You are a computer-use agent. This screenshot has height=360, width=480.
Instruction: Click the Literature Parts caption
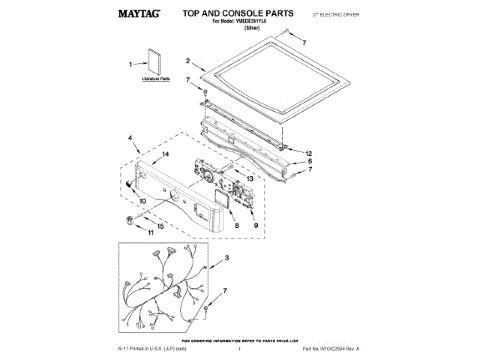pos(157,78)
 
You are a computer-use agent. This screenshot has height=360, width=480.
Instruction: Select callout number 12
pos(308,153)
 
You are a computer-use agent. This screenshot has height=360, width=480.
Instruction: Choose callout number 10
pos(142,201)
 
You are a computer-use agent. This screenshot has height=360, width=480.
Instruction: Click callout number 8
pos(236,225)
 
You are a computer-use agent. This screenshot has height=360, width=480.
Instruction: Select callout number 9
pos(256,225)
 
